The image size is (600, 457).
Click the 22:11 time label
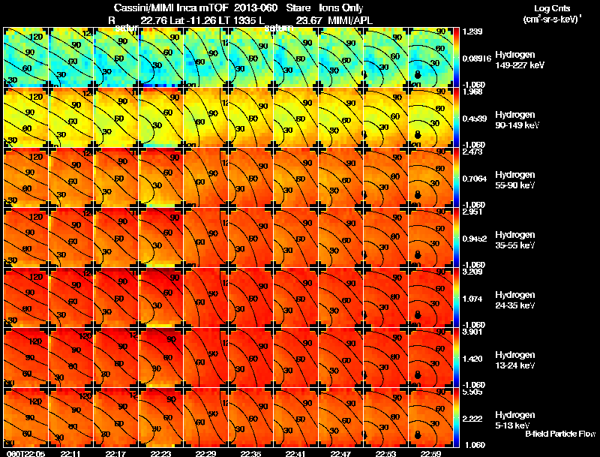click(x=71, y=453)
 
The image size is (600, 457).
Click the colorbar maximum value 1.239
click(x=472, y=32)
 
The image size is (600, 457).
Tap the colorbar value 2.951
click(x=472, y=212)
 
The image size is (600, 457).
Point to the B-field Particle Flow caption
click(x=559, y=434)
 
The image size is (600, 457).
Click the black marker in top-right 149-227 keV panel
click(x=418, y=74)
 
